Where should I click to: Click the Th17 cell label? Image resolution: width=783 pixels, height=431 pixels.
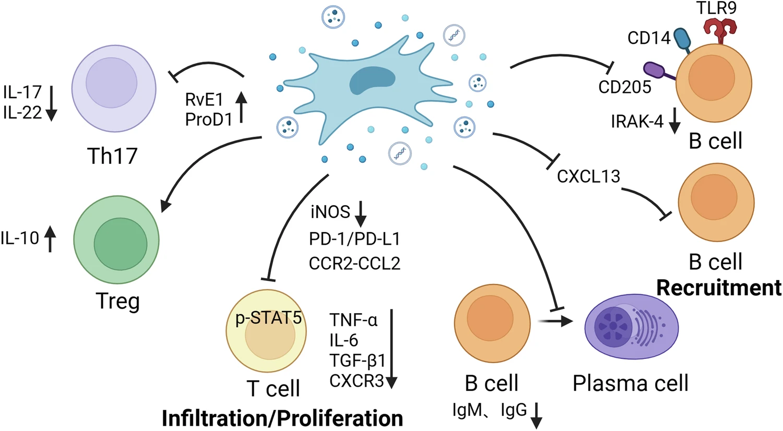[x=112, y=155]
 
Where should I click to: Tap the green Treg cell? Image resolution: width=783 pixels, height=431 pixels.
[x=116, y=241]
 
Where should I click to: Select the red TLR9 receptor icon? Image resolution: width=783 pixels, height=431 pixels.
[x=720, y=30]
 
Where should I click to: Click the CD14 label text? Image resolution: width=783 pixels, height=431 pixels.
[x=648, y=38]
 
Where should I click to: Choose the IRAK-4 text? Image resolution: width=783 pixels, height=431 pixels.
[x=637, y=122]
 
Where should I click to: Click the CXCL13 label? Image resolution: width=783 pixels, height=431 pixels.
[x=588, y=176]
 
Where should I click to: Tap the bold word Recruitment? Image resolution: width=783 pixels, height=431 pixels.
[x=719, y=288]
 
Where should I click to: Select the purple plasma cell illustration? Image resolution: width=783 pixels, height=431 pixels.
[x=631, y=327]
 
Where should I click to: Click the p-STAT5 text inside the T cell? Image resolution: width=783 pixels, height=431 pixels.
[x=268, y=318]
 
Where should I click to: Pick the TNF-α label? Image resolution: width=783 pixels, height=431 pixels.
[x=353, y=319]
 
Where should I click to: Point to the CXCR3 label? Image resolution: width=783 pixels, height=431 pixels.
[x=357, y=381]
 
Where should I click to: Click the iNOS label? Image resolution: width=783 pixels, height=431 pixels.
[x=330, y=211]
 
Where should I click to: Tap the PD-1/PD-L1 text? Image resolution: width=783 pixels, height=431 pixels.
[x=354, y=239]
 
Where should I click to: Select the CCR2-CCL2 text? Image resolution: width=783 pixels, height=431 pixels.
[x=354, y=263]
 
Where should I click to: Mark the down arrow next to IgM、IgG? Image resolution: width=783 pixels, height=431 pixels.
[x=536, y=415]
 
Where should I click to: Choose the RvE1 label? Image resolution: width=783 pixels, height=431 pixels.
[x=204, y=99]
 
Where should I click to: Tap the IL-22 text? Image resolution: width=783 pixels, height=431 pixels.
[x=22, y=112]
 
